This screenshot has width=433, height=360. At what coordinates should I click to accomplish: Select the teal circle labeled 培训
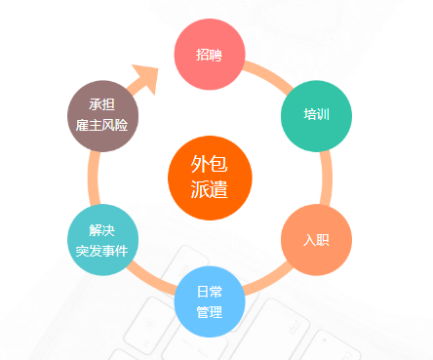coord(316,115)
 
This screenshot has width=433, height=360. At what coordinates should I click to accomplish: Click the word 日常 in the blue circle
coord(209,292)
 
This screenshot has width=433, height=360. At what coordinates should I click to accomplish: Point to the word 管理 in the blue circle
coord(209,312)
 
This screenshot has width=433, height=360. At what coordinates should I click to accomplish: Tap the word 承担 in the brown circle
coord(102,104)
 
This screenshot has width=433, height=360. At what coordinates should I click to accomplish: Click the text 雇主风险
coord(102,125)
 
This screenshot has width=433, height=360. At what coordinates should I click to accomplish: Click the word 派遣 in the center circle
coord(209,188)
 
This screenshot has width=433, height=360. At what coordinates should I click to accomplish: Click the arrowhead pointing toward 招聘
coord(146,79)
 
